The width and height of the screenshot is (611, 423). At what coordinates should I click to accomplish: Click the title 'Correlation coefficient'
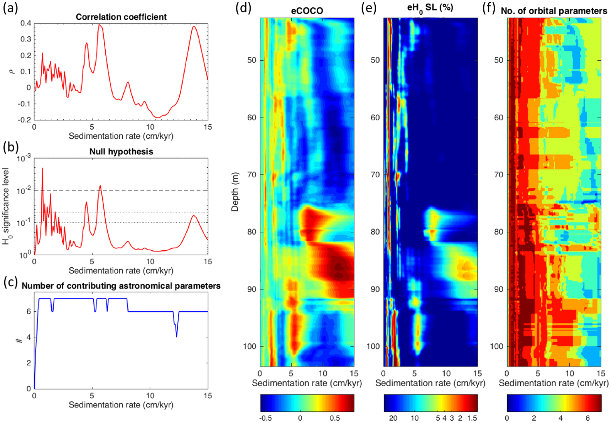121,17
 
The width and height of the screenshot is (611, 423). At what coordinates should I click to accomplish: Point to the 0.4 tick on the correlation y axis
26,23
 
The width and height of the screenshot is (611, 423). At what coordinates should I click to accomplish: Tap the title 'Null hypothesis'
121,152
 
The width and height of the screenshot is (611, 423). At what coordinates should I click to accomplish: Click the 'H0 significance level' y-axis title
7,206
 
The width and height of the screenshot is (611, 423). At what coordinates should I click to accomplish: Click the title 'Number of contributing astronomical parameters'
121,286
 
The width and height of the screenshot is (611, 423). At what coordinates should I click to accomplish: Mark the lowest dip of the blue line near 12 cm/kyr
177,337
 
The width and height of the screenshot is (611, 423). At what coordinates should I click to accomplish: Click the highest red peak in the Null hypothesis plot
42,168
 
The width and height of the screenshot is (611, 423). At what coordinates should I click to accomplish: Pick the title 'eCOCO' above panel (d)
307,11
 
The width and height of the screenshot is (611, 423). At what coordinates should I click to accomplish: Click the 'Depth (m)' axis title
235,192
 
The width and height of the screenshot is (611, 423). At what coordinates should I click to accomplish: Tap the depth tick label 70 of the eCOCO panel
251,175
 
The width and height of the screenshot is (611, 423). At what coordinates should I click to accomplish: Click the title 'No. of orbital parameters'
554,11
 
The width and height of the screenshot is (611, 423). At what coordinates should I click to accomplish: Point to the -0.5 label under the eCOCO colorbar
265,418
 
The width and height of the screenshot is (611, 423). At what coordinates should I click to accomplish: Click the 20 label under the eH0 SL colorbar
393,418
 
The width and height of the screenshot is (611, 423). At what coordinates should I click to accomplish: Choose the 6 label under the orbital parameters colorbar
587,418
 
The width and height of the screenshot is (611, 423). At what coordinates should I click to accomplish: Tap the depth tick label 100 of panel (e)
373,346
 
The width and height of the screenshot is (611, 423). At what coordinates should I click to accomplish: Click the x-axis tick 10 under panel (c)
150,396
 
